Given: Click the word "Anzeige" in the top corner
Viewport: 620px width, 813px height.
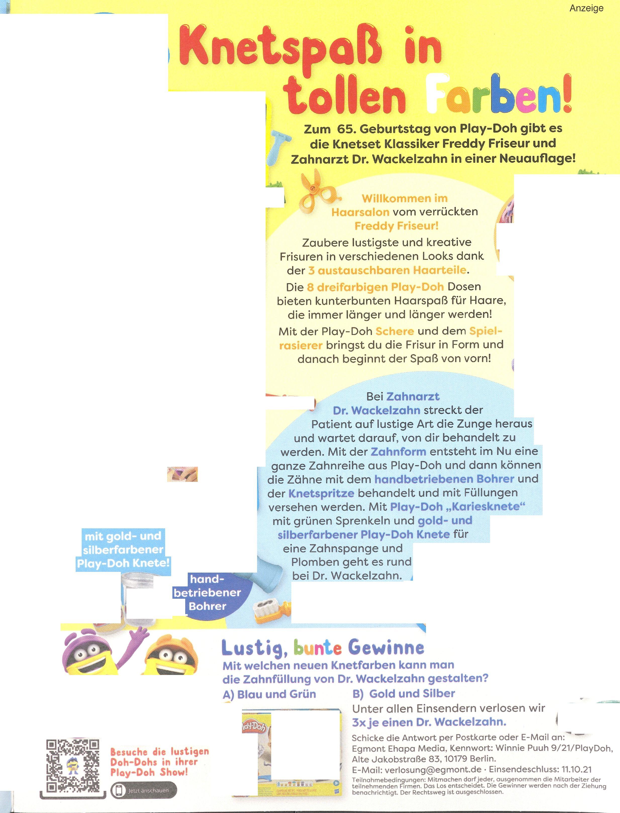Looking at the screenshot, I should [586, 8].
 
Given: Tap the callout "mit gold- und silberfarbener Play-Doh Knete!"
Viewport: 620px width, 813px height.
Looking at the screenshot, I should [123, 549].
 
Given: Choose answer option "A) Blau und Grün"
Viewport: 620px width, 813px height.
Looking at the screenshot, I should [269, 694].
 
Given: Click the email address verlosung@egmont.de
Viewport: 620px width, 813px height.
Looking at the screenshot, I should [433, 769].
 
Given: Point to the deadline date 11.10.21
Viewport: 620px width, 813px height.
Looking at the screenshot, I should [577, 769].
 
